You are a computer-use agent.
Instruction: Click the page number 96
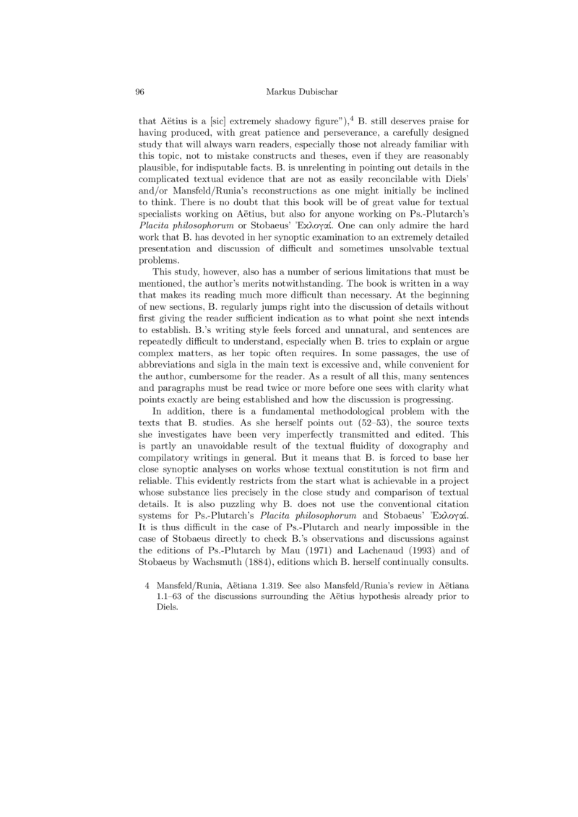tap(140, 92)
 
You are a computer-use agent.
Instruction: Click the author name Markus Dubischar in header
tap(302, 92)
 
